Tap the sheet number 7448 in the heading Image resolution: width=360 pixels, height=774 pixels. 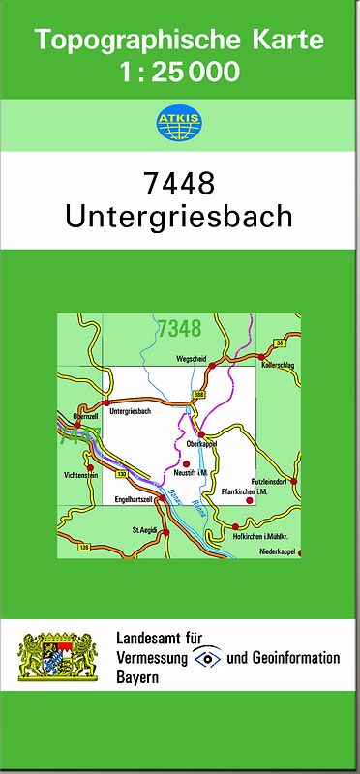(x=178, y=181)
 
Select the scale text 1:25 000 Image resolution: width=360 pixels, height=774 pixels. (x=180, y=70)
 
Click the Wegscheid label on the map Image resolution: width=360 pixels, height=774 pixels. (x=192, y=359)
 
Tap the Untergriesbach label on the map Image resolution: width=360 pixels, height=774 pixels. (x=132, y=411)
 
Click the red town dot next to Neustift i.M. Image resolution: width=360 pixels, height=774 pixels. (x=186, y=464)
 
